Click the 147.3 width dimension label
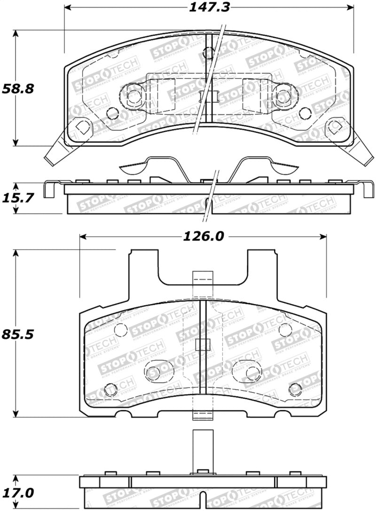(209, 7)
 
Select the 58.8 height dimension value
(18, 88)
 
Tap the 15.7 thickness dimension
(18, 198)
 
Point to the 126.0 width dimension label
(204, 236)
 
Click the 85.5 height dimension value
(18, 334)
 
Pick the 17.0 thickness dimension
(18, 493)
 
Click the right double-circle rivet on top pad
(283, 96)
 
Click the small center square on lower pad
(203, 345)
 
